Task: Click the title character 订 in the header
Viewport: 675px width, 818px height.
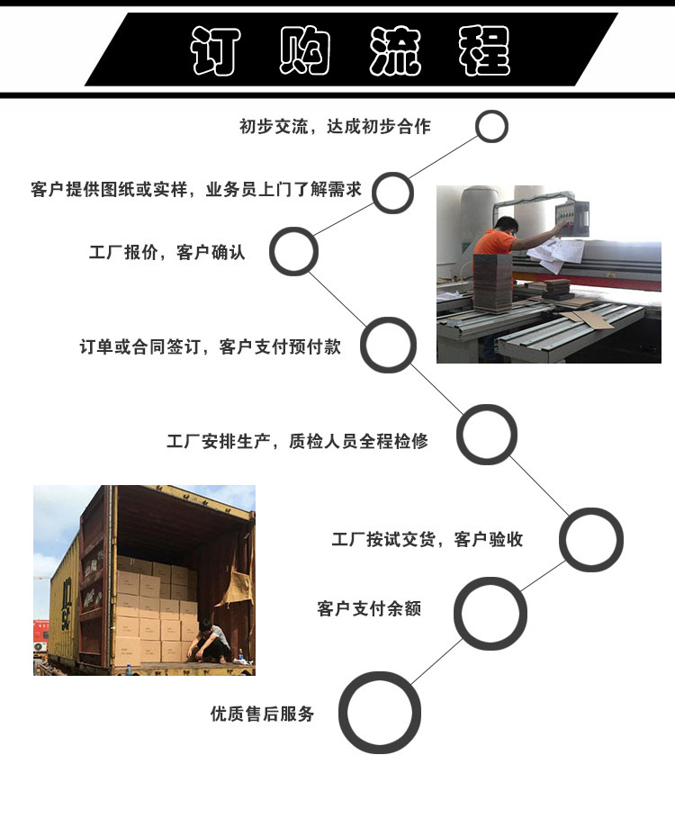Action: click(215, 50)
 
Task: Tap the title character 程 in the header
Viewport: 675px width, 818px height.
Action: click(483, 50)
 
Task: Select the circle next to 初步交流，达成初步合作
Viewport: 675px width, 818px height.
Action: click(491, 126)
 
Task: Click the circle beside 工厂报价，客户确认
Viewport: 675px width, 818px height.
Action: click(293, 251)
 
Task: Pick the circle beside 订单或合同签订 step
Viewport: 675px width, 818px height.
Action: click(388, 345)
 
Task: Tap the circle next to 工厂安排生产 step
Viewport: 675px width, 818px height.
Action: click(487, 435)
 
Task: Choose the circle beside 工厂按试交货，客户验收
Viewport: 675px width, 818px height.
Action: click(591, 539)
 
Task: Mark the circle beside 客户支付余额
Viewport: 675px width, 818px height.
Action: click(490, 614)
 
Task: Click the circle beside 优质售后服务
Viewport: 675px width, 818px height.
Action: click(379, 713)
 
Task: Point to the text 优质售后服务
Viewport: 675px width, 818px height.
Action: click(263, 713)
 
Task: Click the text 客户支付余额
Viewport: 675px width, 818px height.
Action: click(369, 608)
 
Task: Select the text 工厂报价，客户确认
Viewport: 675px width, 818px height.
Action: click(166, 253)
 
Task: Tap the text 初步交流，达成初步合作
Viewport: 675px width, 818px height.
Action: click(335, 126)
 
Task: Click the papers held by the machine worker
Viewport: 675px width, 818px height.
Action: click(556, 254)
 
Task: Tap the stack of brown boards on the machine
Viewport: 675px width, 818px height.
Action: click(493, 283)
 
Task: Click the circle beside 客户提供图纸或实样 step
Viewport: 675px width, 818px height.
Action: click(392, 193)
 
